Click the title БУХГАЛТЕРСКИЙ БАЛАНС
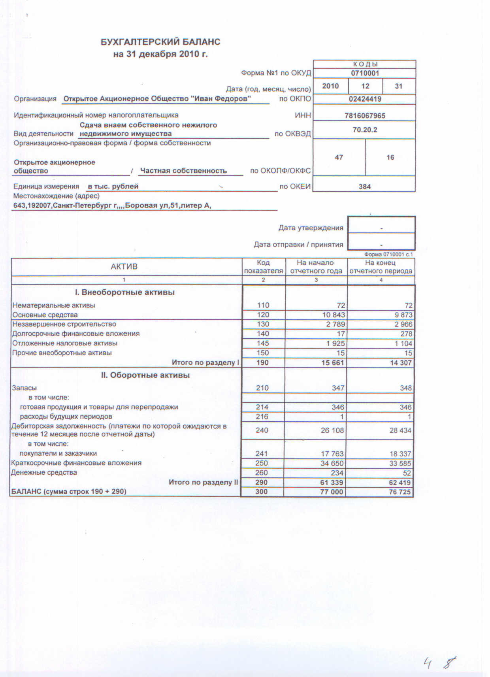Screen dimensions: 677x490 [160, 42]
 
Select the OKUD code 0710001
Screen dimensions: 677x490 [365, 73]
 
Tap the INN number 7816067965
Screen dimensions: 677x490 [365, 116]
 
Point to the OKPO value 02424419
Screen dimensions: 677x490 [365, 99]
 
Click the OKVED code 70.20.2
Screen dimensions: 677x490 [365, 130]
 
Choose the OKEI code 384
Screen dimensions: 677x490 [364, 187]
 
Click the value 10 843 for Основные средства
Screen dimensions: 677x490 [333, 315]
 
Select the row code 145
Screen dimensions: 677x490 [263, 343]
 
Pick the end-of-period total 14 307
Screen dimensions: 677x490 [401, 363]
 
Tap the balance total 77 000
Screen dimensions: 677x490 [332, 492]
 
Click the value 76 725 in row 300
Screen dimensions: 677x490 [400, 492]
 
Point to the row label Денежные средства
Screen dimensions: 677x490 [44, 473]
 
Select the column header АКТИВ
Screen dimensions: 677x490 [124, 267]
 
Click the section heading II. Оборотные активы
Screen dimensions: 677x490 [145, 375]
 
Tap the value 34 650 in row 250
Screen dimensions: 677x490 [332, 463]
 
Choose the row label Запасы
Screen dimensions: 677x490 [24, 388]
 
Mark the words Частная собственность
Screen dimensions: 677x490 [184, 171]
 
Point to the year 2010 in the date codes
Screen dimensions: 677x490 [330, 86]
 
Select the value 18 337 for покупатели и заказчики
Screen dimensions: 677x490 [400, 454]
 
